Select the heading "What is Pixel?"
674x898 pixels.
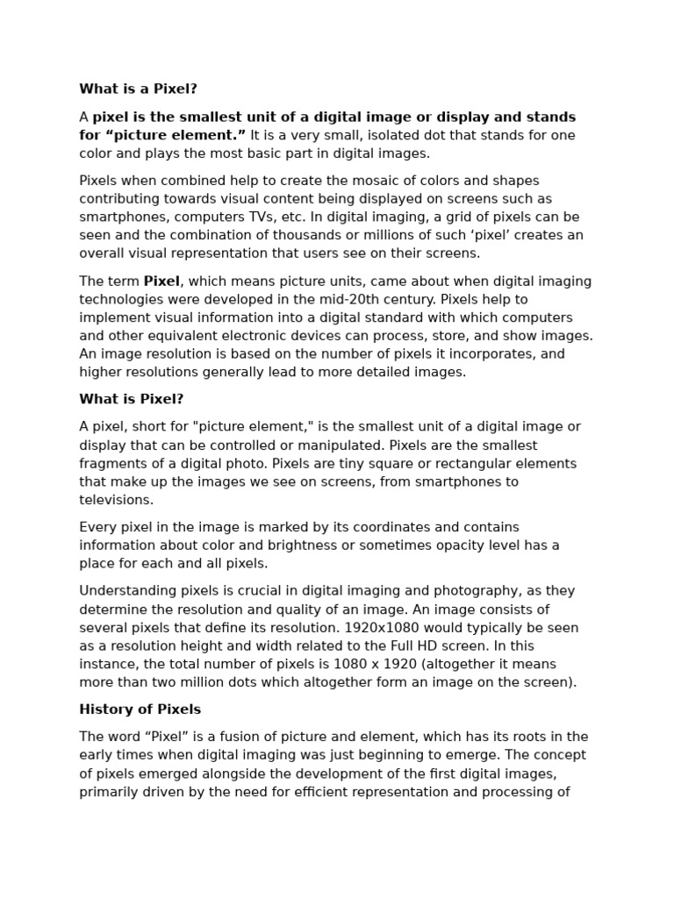(x=132, y=399)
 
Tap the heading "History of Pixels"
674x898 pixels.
(x=140, y=709)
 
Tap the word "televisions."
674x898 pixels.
(x=116, y=500)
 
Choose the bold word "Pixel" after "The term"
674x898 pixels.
(x=161, y=282)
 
